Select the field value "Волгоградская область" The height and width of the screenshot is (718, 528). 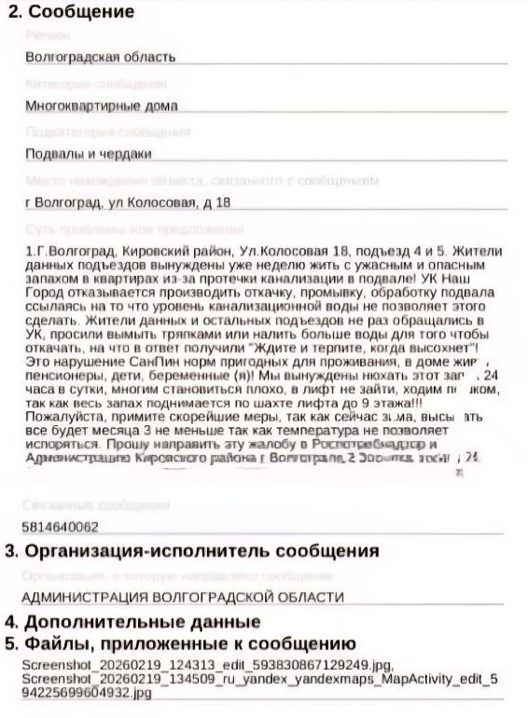(x=101, y=57)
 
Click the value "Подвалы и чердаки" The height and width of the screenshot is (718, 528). (x=89, y=154)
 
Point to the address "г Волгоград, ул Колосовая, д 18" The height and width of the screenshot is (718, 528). (x=128, y=202)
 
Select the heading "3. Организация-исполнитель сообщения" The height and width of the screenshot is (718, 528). (x=191, y=550)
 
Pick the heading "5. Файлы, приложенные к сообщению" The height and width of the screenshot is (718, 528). (x=180, y=643)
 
